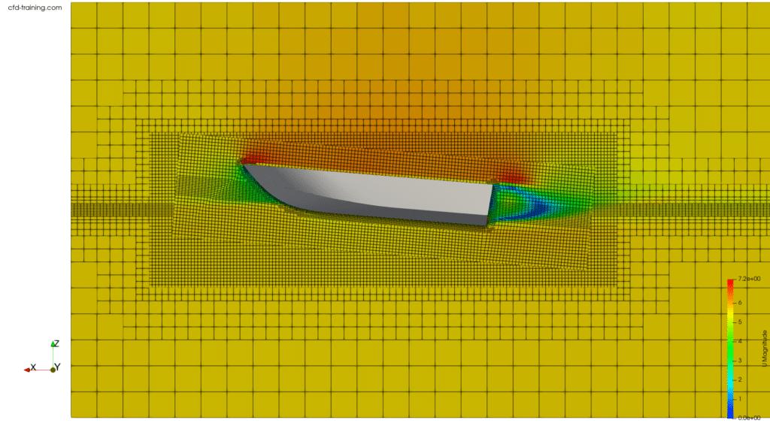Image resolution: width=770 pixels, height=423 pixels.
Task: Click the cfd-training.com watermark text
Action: [32, 8]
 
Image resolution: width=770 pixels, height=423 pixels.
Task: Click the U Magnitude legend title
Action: [765, 348]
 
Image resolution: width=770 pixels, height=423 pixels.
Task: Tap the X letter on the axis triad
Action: [33, 367]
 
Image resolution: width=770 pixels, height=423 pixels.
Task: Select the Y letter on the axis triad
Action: [58, 367]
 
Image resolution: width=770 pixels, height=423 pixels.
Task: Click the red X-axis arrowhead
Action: [26, 369]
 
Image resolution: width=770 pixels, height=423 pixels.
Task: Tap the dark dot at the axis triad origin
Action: [53, 369]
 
